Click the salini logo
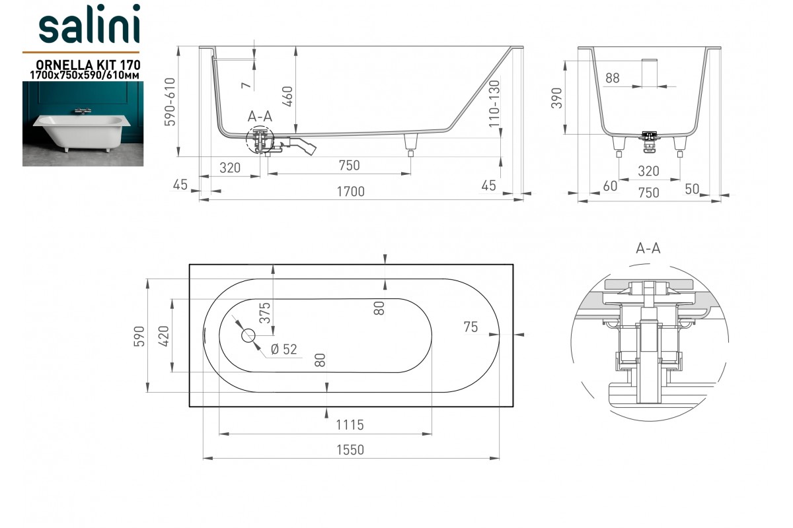(x=89, y=23)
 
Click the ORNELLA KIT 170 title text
(x=88, y=65)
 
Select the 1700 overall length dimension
(x=350, y=191)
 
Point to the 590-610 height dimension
(x=170, y=102)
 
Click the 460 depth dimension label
(x=287, y=96)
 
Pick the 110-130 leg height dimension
(x=494, y=104)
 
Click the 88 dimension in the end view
(x=613, y=78)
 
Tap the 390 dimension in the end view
(x=557, y=98)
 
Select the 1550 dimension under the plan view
(x=350, y=450)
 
